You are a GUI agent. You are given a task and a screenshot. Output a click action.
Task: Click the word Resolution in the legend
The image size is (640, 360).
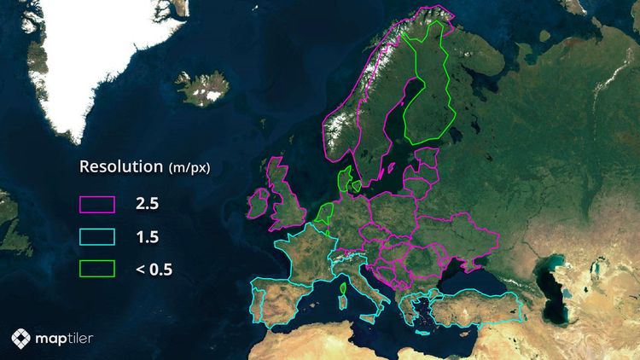pyautogui.click(x=120, y=166)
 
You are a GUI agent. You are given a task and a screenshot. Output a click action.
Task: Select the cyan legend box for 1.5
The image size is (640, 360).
pyautogui.click(x=97, y=236)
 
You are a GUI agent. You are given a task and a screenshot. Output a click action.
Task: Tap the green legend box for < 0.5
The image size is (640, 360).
pyautogui.click(x=97, y=269)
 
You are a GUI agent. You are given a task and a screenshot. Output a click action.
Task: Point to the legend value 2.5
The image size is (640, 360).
pyautogui.click(x=147, y=205)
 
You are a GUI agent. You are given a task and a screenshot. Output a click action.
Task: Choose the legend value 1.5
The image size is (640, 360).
pyautogui.click(x=147, y=237)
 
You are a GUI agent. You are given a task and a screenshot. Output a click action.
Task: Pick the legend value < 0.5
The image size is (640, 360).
pyautogui.click(x=154, y=270)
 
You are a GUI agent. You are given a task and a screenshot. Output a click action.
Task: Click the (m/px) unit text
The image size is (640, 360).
pyautogui.click(x=189, y=168)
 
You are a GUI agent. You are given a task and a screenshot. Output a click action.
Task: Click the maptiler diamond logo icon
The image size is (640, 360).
pyautogui.click(x=21, y=339)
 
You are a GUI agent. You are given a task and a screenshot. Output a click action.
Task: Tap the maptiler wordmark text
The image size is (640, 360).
pyautogui.click(x=65, y=339)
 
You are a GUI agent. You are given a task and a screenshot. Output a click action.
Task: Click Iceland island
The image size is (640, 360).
pyautogui.click(x=201, y=87)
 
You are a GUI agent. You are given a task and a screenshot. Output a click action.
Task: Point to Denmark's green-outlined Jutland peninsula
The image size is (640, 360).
pyautogui.click(x=344, y=181)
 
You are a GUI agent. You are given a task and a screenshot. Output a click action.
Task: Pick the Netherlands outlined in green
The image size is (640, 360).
pyautogui.click(x=324, y=212)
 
